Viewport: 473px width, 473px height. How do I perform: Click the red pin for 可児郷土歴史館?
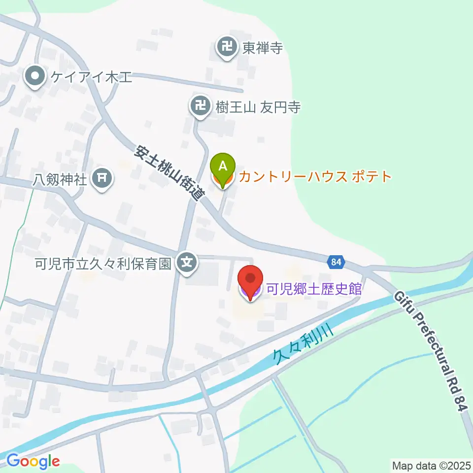pos(250,281)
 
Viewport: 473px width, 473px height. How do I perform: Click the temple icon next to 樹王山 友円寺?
pos(200,106)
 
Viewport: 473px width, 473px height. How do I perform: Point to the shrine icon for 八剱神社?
pos(102,178)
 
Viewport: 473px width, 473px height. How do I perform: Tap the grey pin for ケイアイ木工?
pos(35,77)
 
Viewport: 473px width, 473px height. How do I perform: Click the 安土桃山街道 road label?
pos(169,172)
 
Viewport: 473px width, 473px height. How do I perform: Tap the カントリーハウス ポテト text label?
pos(315,176)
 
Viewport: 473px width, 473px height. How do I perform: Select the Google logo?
pos(33,461)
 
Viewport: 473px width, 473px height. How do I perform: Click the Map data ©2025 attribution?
pos(431,465)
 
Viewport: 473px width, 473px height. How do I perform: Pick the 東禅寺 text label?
pos(262,48)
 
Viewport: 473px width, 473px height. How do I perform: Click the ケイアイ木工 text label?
pos(89,77)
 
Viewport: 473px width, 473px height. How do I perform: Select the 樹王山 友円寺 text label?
pos(258,107)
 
